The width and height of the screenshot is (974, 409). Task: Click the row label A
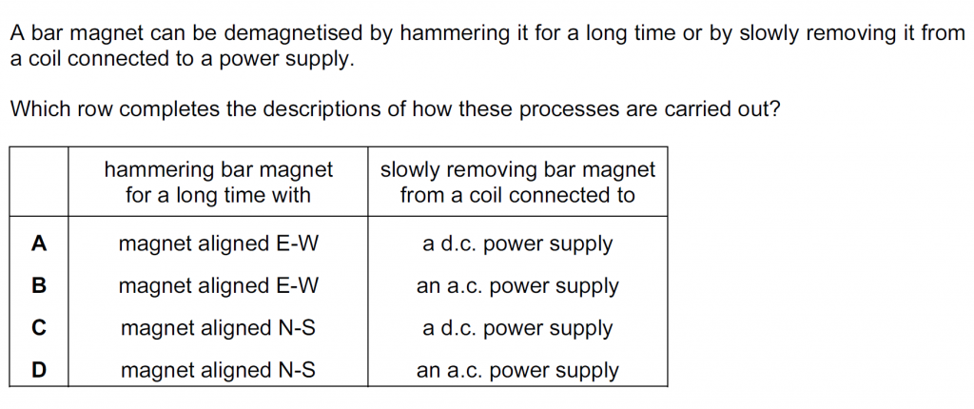[x=38, y=243]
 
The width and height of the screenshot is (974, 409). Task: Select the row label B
[x=38, y=286]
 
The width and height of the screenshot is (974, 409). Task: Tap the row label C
[x=38, y=328]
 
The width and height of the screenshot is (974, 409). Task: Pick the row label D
[x=38, y=370]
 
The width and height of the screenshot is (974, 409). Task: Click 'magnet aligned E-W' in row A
[x=218, y=244]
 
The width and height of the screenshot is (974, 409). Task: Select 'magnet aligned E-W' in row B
[x=218, y=286]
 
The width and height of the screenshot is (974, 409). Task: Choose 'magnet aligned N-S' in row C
[x=218, y=329]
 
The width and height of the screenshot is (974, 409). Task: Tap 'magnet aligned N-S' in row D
[x=218, y=371]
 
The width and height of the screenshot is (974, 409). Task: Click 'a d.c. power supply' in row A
[x=517, y=244]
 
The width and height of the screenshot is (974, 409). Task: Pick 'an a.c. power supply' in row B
[x=517, y=287]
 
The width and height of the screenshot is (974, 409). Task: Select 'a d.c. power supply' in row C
[x=517, y=329]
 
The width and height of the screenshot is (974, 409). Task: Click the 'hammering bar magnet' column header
[x=218, y=183]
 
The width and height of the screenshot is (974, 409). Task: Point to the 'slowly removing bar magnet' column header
[x=517, y=183]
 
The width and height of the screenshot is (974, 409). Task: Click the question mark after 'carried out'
[x=774, y=110]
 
